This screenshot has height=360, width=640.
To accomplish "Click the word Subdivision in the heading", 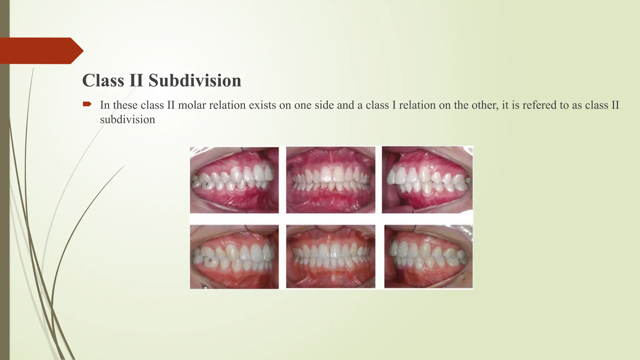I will point(195,81).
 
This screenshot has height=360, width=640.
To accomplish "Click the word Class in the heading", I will point(103,81).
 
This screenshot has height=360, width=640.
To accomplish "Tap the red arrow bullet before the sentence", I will point(87,104).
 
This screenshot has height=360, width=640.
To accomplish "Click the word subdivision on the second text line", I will point(127,119).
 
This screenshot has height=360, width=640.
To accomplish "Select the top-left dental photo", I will point(234,180).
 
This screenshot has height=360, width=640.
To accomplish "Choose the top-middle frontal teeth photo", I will point(331,180).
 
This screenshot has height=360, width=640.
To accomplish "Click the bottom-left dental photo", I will point(234,257).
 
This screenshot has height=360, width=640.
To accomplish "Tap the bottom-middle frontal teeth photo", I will point(331,257).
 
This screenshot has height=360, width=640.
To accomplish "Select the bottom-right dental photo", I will point(428,257).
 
